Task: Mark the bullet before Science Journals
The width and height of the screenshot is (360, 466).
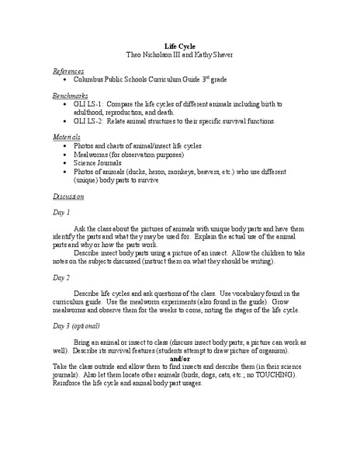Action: [x=62, y=165]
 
